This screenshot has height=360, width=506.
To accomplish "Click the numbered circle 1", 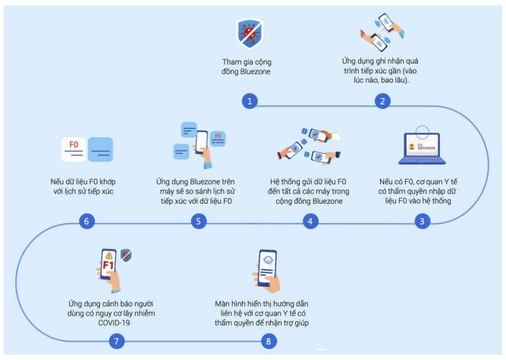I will (250, 101).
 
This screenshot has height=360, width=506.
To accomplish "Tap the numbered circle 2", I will (384, 101).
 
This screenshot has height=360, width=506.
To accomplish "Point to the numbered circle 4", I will (310, 221).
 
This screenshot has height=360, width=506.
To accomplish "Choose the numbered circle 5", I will (198, 221).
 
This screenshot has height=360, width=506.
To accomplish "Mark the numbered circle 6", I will (87, 221).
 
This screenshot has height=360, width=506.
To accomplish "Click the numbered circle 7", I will (116, 341).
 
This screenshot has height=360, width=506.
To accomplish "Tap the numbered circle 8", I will (268, 341).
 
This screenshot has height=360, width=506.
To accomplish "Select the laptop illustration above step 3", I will (421, 149).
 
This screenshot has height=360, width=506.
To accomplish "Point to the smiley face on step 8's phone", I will (267, 263).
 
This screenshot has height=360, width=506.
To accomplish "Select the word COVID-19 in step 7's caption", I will (113, 324).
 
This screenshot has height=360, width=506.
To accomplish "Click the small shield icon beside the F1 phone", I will (126, 256).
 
